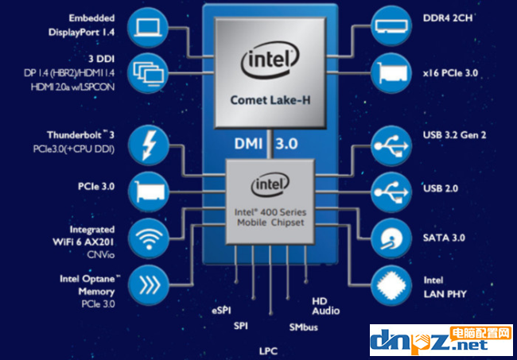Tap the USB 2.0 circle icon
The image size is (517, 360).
[x=395, y=191]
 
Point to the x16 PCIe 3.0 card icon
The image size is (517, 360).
[x=395, y=72]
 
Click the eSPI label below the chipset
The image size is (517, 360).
[x=222, y=308]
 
